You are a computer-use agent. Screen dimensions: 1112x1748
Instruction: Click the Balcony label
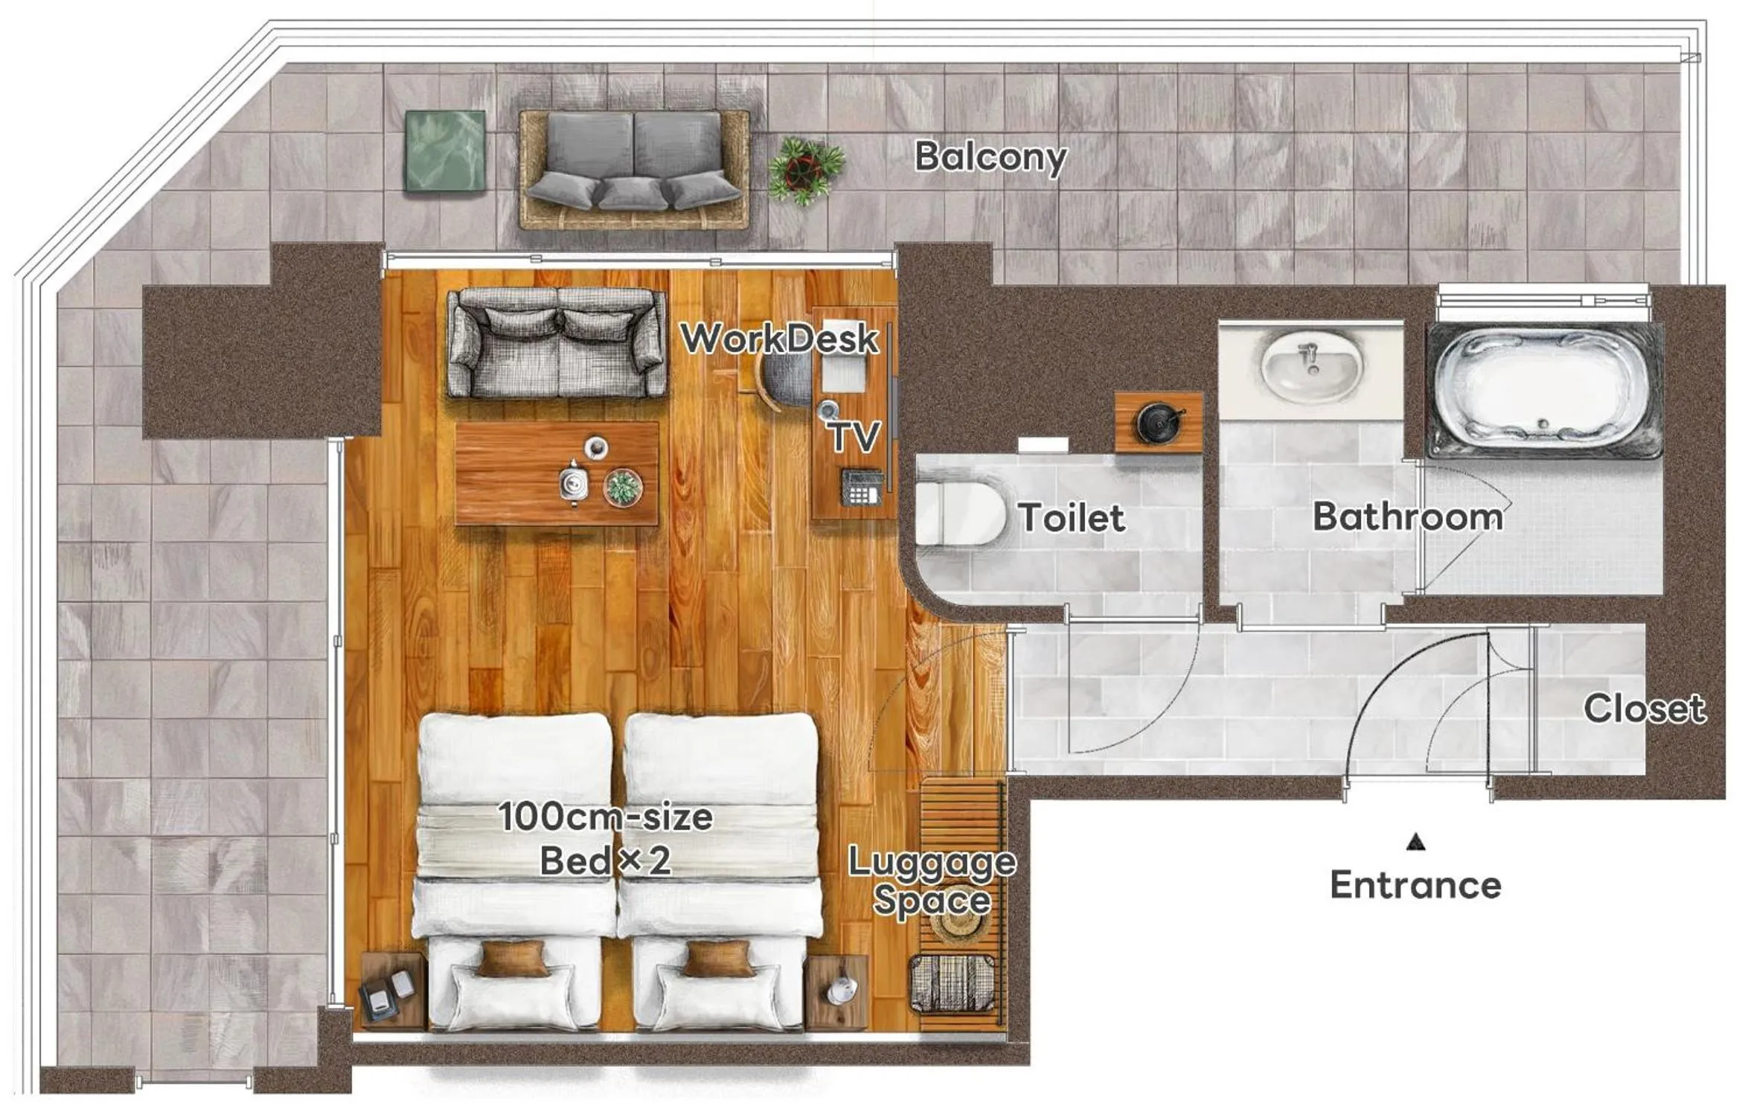[x=990, y=158]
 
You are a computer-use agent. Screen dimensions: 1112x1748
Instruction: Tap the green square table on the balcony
[x=445, y=150]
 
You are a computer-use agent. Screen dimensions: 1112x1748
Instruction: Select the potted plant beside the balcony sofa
[x=805, y=170]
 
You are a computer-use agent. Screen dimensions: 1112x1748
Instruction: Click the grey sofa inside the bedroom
[x=557, y=344]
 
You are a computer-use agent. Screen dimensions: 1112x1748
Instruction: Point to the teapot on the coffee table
[x=574, y=483]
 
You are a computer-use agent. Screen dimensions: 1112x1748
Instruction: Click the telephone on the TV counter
[x=862, y=487]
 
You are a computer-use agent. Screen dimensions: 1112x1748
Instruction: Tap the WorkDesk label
[x=779, y=339]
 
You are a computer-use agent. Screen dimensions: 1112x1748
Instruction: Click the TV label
[x=855, y=437]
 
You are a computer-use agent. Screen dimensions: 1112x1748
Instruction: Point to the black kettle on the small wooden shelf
[x=1158, y=422]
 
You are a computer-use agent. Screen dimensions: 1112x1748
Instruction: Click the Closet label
[x=1643, y=709]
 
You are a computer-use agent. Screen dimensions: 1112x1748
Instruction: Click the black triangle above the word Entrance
[x=1415, y=842]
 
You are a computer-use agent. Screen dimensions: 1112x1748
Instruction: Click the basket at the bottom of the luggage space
[x=953, y=982]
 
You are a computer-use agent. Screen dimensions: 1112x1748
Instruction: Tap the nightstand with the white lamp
[x=837, y=991]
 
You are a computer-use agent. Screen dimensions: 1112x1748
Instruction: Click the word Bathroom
[x=1407, y=517]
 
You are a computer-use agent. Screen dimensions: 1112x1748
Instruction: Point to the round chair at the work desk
[x=785, y=380]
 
